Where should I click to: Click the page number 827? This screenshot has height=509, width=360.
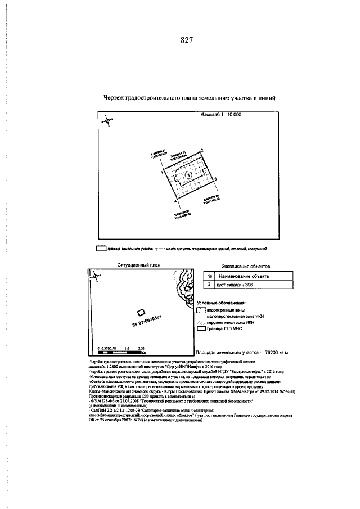click(187, 40)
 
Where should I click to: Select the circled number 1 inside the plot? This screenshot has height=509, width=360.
click(189, 175)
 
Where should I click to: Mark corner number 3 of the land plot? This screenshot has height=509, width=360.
click(216, 178)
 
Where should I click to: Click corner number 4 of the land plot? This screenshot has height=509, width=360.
click(174, 200)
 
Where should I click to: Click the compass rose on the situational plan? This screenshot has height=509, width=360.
click(96, 276)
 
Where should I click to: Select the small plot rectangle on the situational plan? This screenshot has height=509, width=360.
click(141, 313)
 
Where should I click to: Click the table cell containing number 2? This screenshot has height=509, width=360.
click(209, 286)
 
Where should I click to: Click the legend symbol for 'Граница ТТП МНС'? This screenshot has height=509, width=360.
click(201, 328)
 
